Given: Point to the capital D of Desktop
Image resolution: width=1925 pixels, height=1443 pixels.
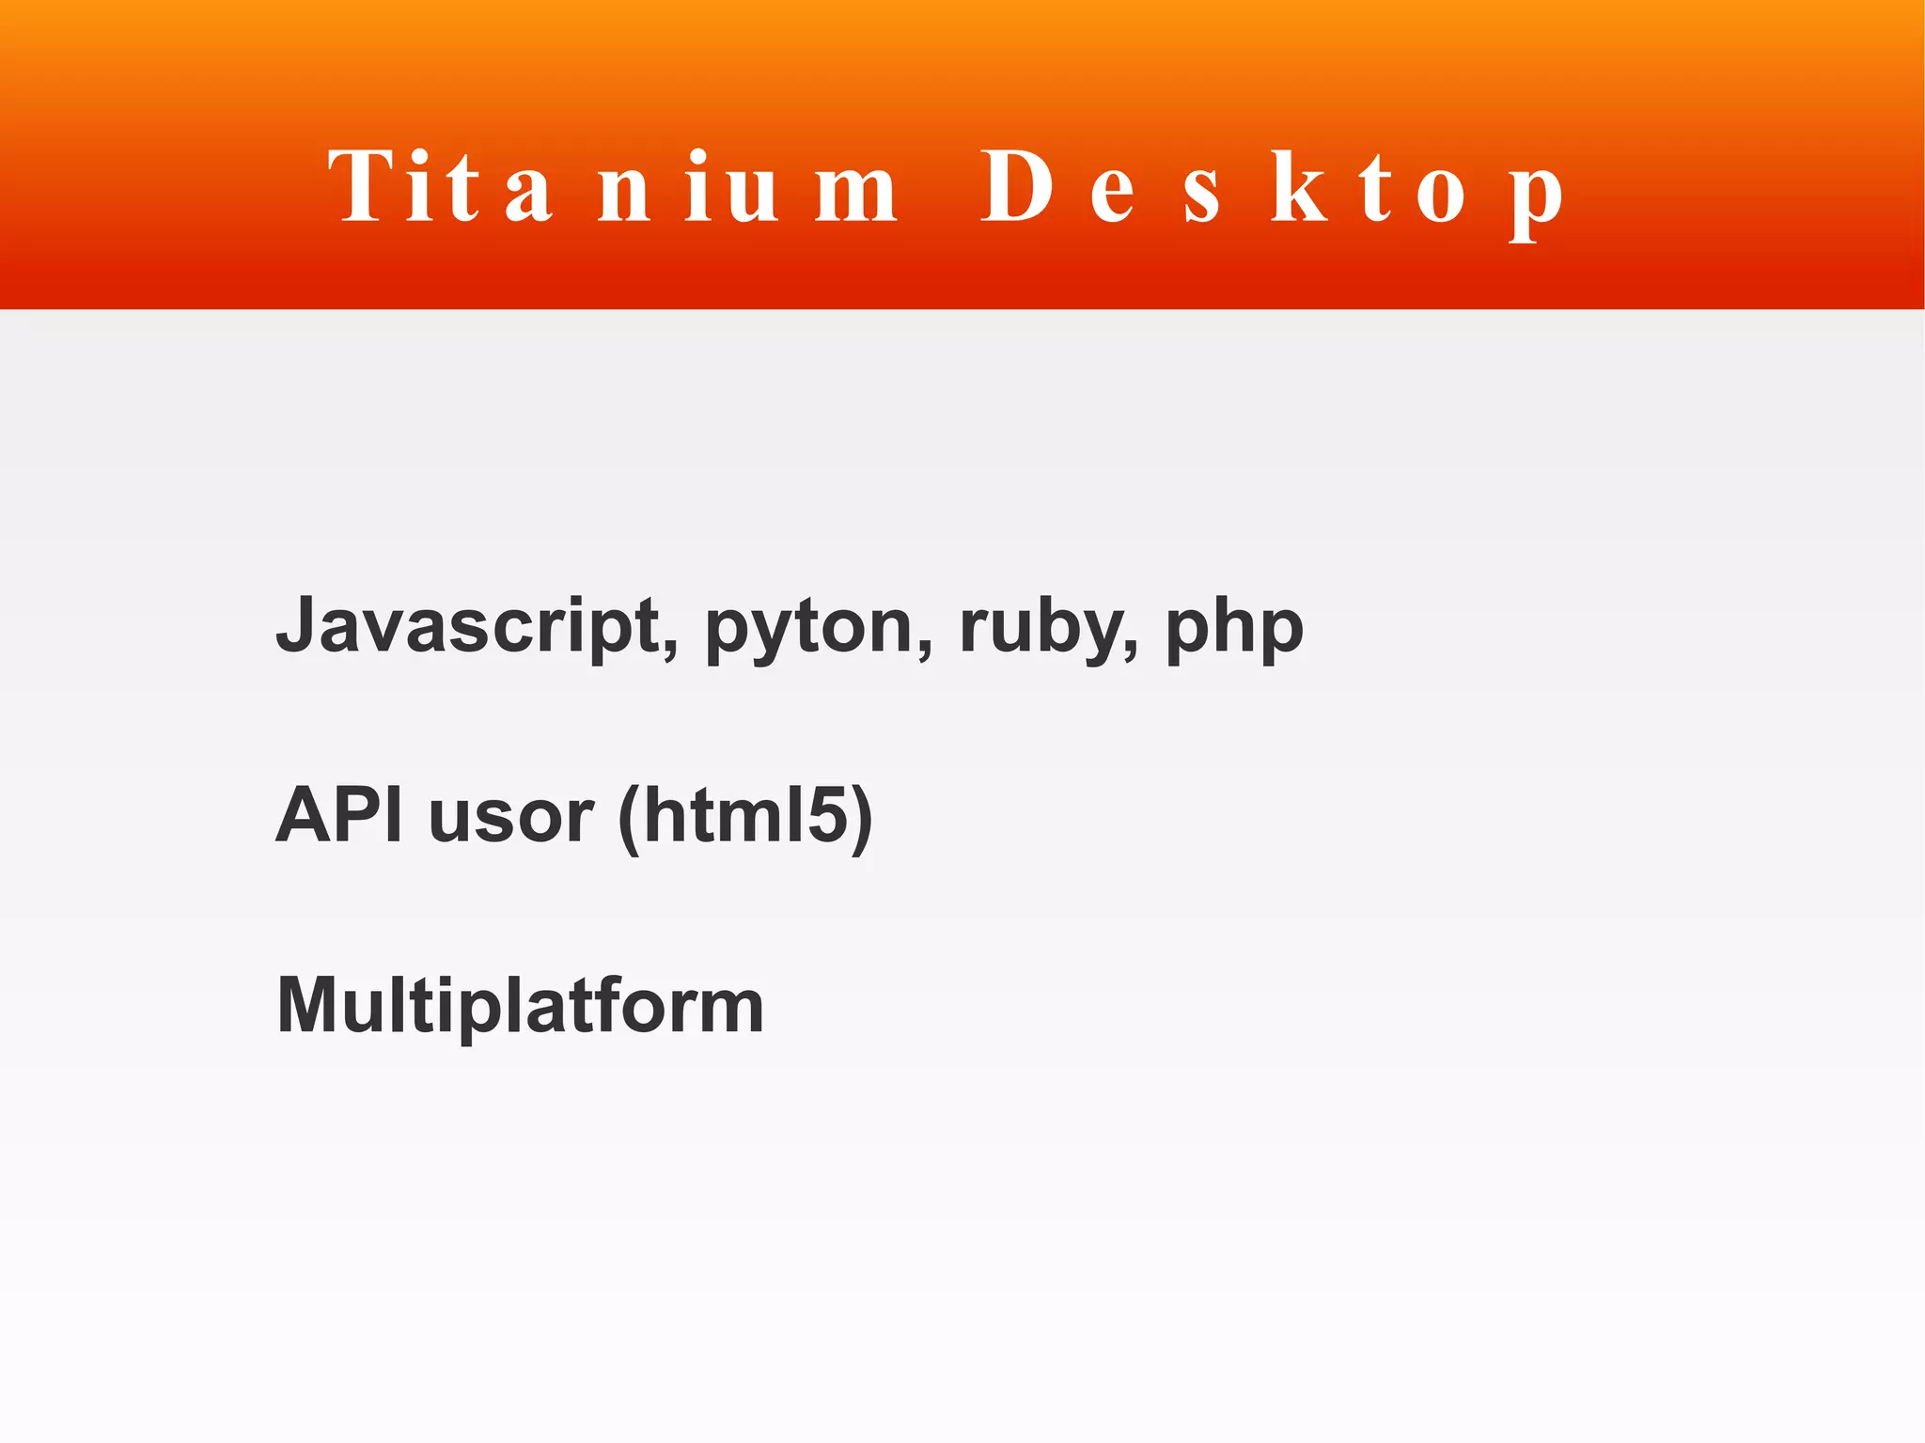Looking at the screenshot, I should click(1016, 187).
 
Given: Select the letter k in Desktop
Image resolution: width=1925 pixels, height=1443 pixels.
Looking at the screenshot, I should click(1299, 188).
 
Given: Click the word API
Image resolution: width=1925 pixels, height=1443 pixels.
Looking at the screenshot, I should click(339, 814).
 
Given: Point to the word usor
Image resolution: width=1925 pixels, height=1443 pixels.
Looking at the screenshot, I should click(510, 816).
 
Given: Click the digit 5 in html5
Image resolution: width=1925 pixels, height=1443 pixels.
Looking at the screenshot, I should click(827, 814).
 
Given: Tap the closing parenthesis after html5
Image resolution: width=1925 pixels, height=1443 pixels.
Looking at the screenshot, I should click(862, 818).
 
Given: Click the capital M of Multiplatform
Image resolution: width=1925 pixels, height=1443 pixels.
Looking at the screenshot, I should click(311, 1004).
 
